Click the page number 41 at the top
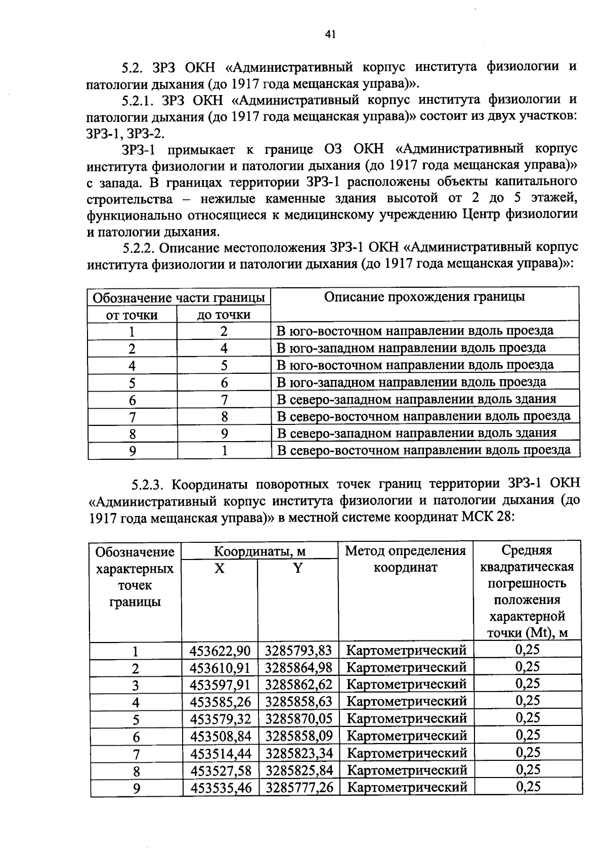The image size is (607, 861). point(329,34)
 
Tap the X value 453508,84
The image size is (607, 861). point(220,737)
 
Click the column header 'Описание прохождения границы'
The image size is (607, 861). point(424,297)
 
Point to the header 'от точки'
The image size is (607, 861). point(132,315)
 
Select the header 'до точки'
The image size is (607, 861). point(224,315)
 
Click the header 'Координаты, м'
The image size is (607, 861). point(259,551)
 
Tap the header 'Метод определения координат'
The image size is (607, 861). point(405,558)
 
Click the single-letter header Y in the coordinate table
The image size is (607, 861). point(298,569)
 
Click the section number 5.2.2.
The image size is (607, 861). point(142,248)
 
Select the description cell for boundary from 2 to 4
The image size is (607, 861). point(411,348)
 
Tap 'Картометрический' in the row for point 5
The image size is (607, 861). point(407,719)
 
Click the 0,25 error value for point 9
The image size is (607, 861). point(528,787)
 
